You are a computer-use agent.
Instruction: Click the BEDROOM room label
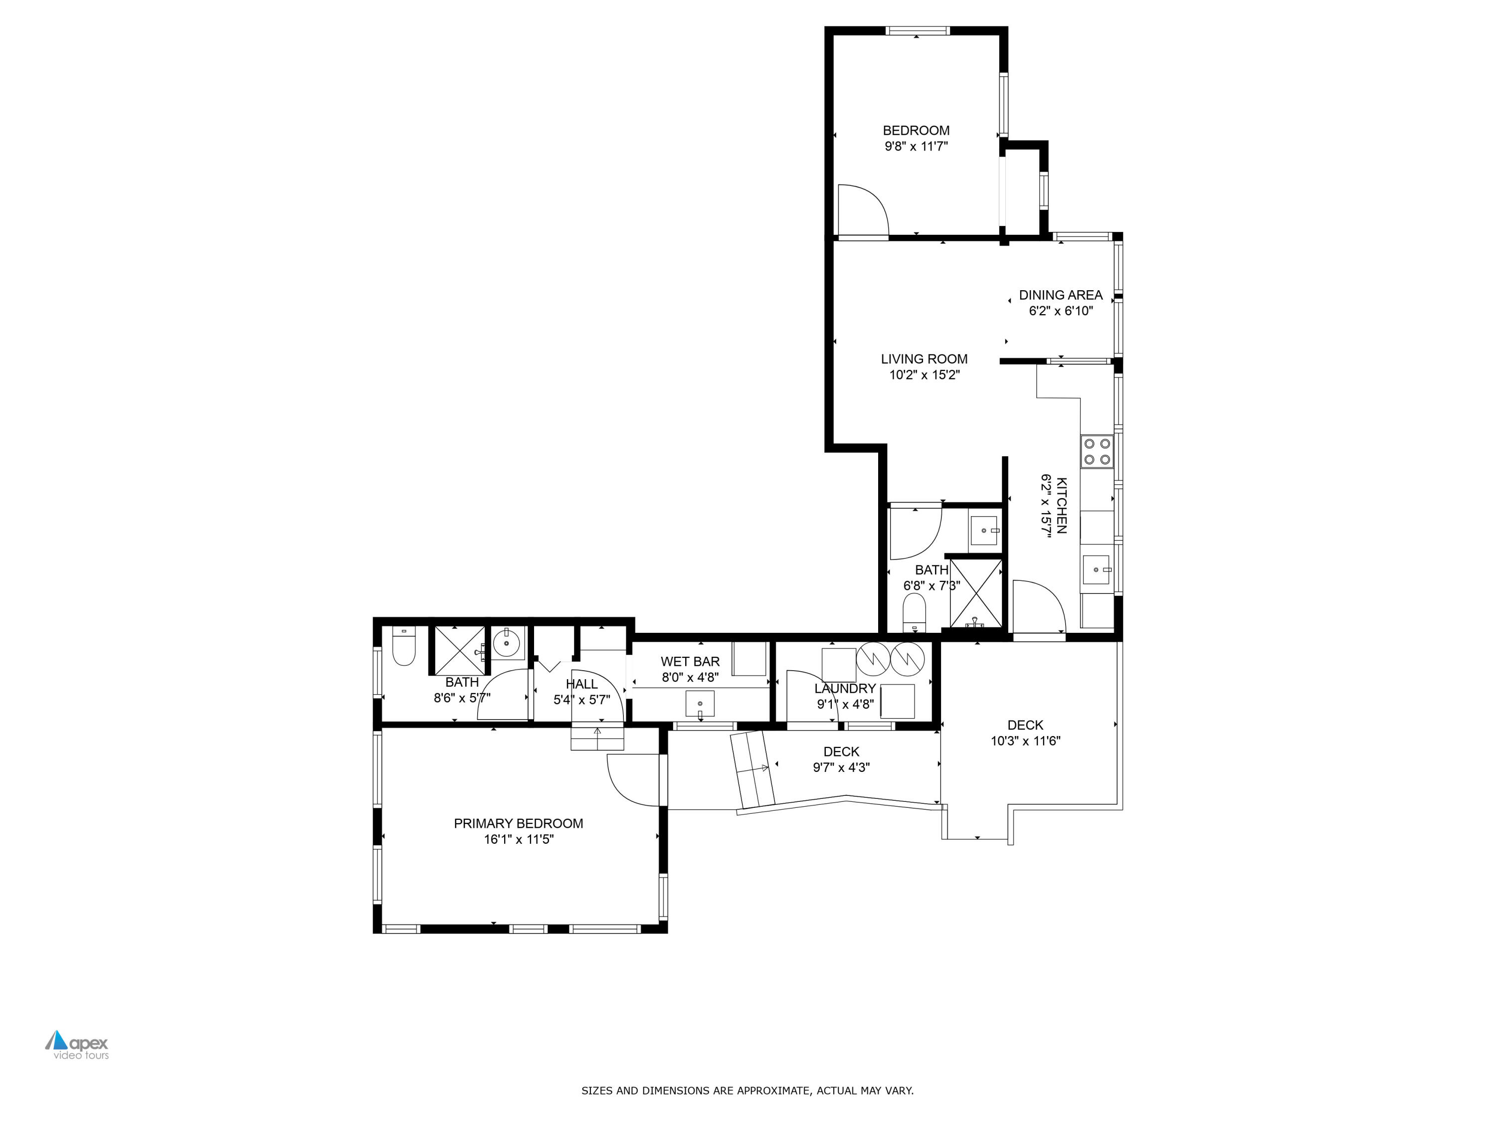(916, 131)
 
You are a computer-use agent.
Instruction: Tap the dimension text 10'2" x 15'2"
(924, 374)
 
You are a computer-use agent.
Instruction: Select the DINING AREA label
(1060, 295)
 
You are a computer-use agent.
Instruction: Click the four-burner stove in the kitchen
(1096, 451)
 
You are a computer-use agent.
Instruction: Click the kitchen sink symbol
(1096, 569)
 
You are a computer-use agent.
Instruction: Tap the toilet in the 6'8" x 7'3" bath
(914, 611)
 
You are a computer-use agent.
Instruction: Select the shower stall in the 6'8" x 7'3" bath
(975, 592)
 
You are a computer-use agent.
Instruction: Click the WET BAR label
(690, 661)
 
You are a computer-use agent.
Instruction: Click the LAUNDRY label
(845, 689)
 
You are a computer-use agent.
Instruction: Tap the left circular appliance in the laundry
(873, 659)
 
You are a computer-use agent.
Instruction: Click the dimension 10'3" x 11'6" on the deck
(1025, 741)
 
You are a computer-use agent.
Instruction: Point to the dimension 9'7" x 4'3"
(841, 767)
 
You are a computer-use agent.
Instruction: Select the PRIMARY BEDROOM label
(518, 823)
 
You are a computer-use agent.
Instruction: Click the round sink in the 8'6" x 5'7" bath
(507, 642)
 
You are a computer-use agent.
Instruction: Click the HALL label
(581, 684)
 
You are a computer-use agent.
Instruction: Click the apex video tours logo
(77, 1044)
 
